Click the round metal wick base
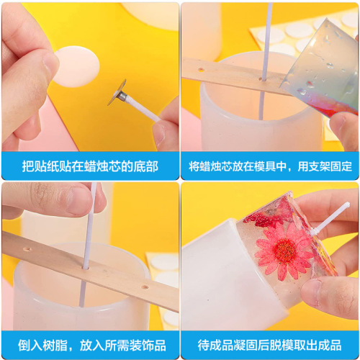click(117, 93)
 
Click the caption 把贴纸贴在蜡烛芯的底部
click(90, 166)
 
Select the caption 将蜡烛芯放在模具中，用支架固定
click(270, 166)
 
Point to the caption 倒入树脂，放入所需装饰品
click(90, 344)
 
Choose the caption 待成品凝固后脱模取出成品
click(270, 344)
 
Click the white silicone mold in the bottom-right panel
click(216, 281)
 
